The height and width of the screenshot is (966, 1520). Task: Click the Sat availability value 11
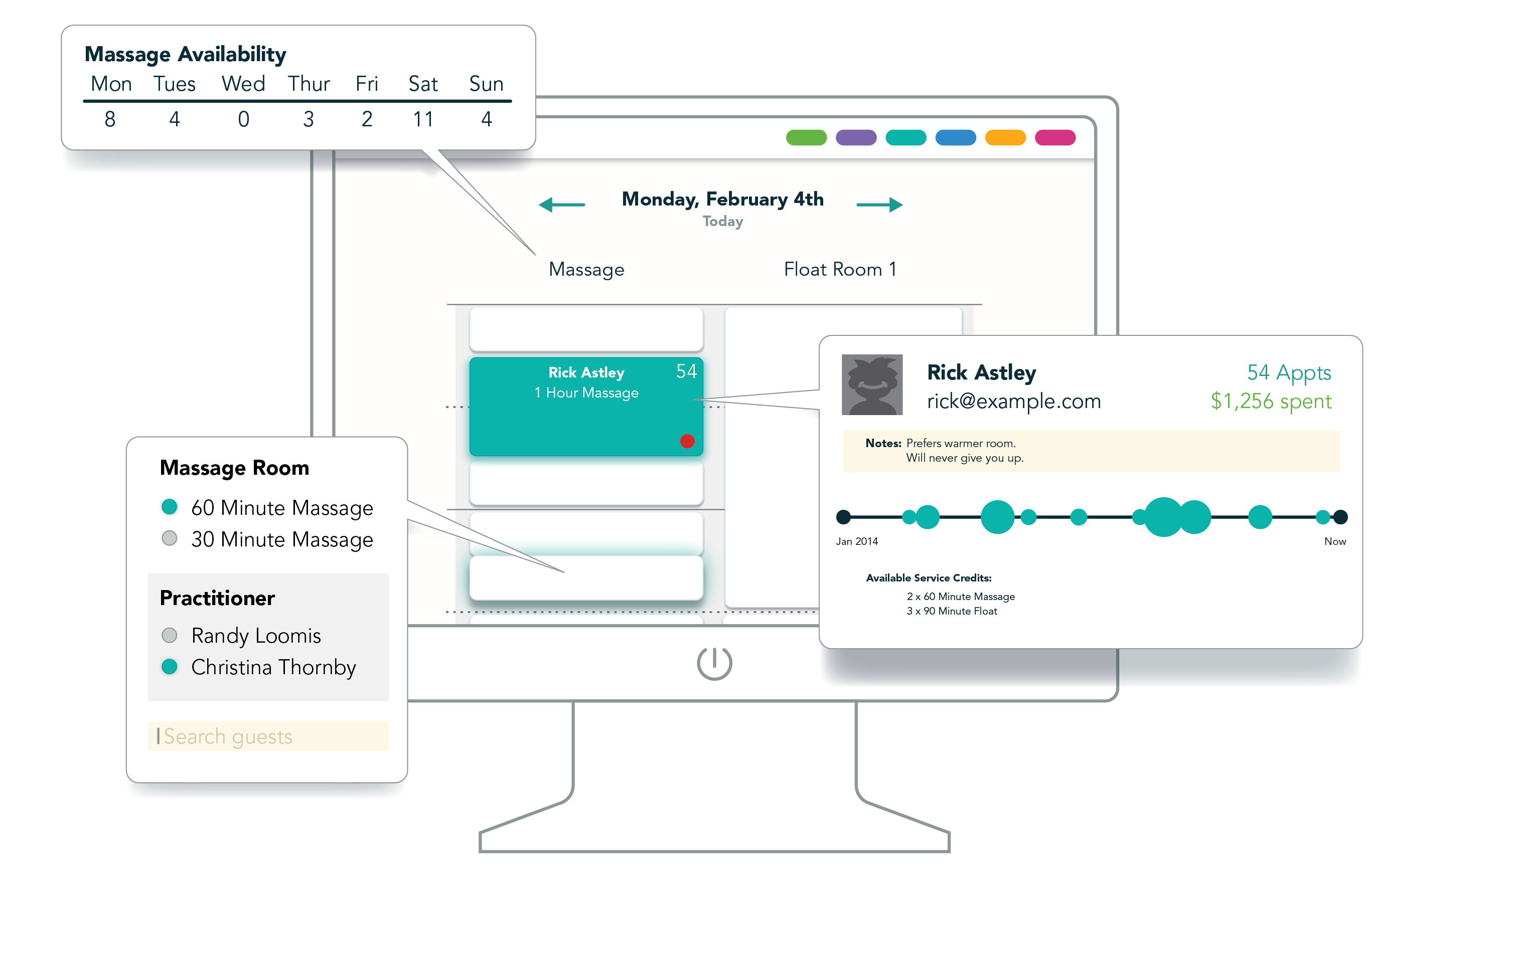[423, 119]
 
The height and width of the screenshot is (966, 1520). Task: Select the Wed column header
[243, 84]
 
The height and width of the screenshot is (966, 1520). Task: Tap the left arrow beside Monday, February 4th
[562, 205]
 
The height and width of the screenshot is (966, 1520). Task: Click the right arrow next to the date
[879, 205]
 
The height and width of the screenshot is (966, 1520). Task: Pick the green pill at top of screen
[806, 137]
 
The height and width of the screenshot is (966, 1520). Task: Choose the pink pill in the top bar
[1055, 137]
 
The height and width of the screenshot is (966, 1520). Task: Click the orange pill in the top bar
[1005, 137]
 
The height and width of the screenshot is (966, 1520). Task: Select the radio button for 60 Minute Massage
[169, 507]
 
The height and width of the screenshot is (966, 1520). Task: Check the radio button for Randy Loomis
[169, 635]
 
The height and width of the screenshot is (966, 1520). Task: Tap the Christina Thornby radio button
[169, 666]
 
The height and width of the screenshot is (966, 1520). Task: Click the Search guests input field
[268, 736]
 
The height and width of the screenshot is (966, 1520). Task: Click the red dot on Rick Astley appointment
[687, 441]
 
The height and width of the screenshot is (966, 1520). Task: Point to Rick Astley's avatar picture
[872, 384]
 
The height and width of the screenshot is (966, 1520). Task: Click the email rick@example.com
[1014, 402]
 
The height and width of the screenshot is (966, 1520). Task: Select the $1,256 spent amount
[1270, 402]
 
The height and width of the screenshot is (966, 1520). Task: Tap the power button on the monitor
[714, 663]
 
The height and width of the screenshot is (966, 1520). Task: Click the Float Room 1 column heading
[840, 269]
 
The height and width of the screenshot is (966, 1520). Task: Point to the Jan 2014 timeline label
[857, 541]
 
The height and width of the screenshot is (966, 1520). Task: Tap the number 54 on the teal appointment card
[686, 371]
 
